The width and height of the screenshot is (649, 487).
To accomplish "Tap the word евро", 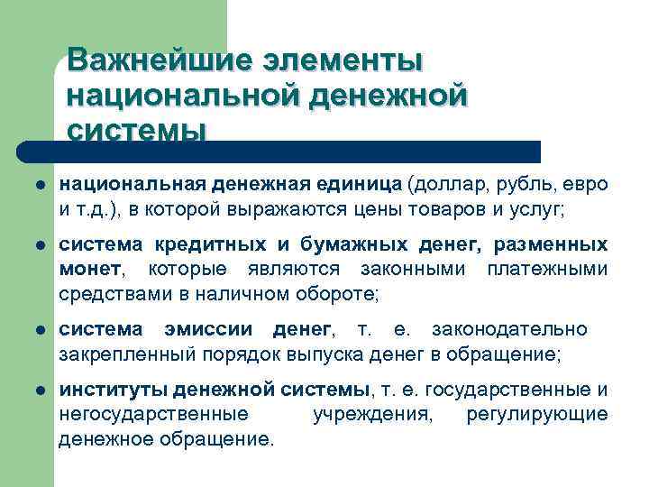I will (587, 184).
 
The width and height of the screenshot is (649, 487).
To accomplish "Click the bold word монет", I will (88, 269).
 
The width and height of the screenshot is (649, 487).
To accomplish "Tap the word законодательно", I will (509, 329).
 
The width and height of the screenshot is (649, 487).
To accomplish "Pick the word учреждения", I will (372, 415).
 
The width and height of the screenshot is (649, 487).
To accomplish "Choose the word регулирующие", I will (537, 415).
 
